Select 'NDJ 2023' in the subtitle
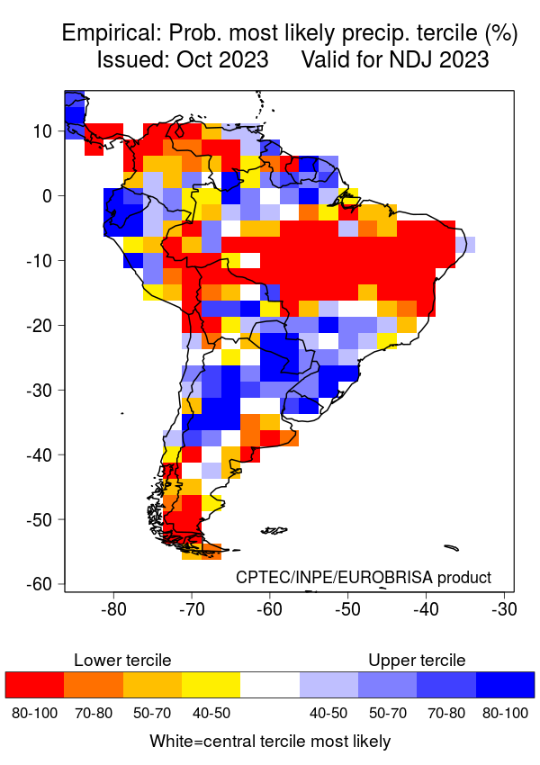(x=442, y=60)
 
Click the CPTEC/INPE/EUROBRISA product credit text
(x=364, y=577)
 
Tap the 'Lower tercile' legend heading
(x=122, y=661)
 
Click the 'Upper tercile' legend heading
(x=417, y=661)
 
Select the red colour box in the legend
(x=34, y=685)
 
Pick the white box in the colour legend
(x=270, y=685)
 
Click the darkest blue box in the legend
(x=505, y=685)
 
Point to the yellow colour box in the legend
(x=211, y=685)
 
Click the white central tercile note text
(x=270, y=742)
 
